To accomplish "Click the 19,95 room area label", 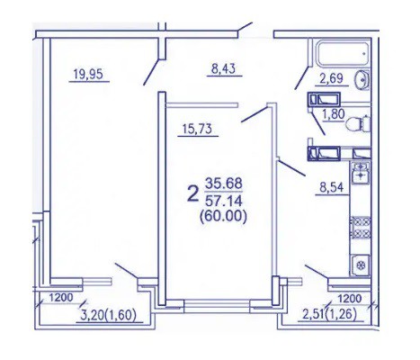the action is pyautogui.click(x=88, y=74).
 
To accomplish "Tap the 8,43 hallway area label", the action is pyautogui.click(x=223, y=68).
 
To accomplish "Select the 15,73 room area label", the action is pyautogui.click(x=197, y=129).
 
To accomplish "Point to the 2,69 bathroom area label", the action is pyautogui.click(x=331, y=78).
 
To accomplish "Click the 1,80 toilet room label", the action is pyautogui.click(x=333, y=114).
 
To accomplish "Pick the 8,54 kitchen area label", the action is pyautogui.click(x=331, y=188).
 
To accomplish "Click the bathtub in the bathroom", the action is pyautogui.click(x=343, y=53).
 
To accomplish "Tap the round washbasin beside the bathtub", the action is pyautogui.click(x=362, y=80).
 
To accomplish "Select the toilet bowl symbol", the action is pyautogui.click(x=358, y=123).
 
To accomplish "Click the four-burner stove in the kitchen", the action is pyautogui.click(x=361, y=227).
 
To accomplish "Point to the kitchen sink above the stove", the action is pyautogui.click(x=361, y=173).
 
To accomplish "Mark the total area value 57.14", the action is pyautogui.click(x=224, y=202).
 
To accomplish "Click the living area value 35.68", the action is pyautogui.click(x=224, y=184).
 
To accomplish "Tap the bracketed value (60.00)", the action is pyautogui.click(x=224, y=216).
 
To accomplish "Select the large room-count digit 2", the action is pyautogui.click(x=193, y=193).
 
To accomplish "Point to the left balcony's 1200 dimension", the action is pyautogui.click(x=61, y=298).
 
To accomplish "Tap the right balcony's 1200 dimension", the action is pyautogui.click(x=350, y=299).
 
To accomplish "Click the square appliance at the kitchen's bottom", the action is pyautogui.click(x=361, y=265).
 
